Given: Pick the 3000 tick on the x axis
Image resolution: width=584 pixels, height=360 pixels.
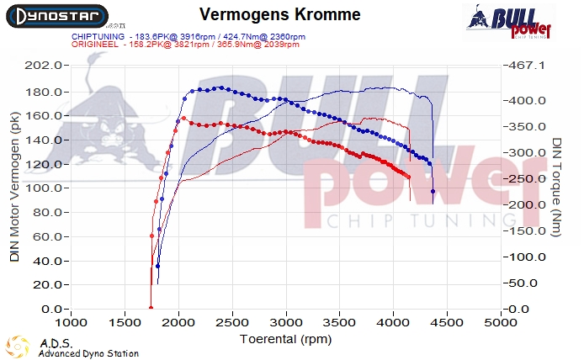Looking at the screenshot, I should pos(286,321).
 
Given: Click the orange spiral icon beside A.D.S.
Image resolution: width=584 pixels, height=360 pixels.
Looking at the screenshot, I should pos(17,347).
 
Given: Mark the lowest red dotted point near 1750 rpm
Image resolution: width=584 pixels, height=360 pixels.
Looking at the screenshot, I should pos(151,307).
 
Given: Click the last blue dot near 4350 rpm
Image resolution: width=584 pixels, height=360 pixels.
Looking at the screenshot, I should pos(433,192).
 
